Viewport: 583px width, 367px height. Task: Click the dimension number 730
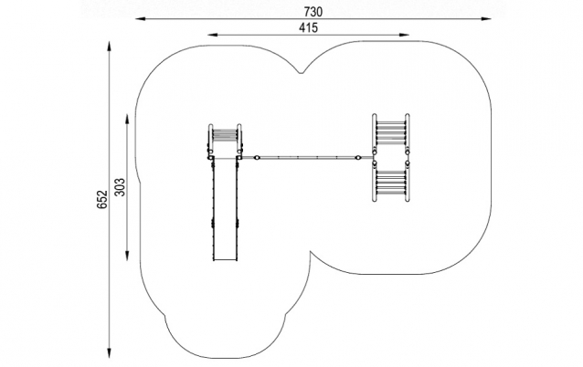click(313, 12)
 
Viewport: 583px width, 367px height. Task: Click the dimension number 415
click(309, 28)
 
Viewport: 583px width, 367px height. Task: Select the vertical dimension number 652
click(101, 199)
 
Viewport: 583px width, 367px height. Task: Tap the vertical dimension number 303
click(120, 187)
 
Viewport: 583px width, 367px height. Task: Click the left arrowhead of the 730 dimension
click(140, 18)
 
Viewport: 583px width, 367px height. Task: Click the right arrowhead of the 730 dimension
click(486, 18)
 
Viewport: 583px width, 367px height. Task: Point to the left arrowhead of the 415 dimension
click(212, 35)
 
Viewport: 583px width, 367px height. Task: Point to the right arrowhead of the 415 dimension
click(404, 35)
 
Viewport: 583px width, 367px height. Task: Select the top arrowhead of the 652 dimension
click(110, 46)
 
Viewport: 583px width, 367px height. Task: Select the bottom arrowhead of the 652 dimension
click(110, 353)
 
